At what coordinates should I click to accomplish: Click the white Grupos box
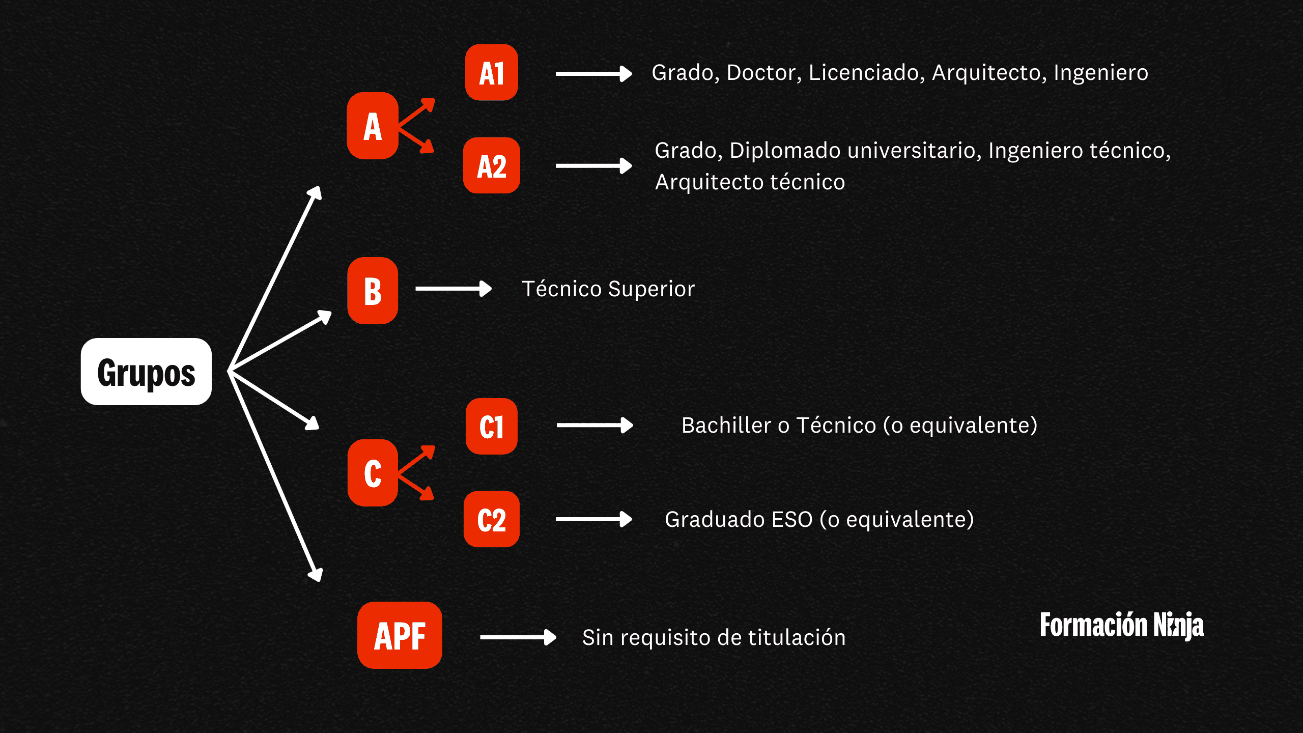coord(146,372)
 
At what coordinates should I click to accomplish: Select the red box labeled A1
coord(492,73)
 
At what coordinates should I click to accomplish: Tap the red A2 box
coord(492,165)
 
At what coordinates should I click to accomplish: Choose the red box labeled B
coord(373,291)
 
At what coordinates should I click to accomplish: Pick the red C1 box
coord(492,427)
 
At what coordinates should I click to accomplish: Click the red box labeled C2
coord(492,519)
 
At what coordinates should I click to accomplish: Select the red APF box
coord(400,635)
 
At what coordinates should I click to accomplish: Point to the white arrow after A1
coord(593,74)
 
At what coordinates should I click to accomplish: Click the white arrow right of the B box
coord(454,289)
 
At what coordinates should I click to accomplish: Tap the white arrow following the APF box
coord(518,637)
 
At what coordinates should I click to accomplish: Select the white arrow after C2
coord(593,519)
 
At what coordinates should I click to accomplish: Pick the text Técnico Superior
coord(608,289)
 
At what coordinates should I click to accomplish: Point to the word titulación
coord(797,638)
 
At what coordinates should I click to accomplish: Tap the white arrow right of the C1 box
coord(594,425)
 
